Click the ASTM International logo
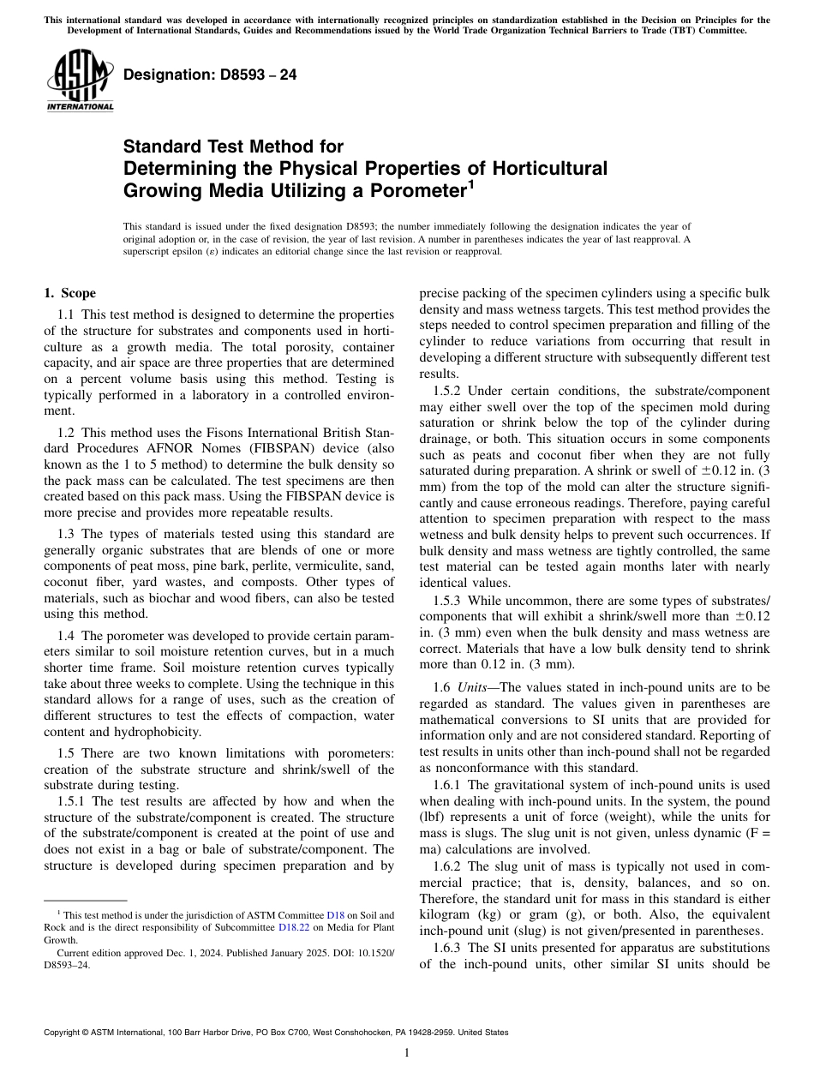pos(80,82)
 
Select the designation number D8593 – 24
pos(210,75)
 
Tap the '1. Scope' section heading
pos(69,293)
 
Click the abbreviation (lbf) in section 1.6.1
pos(434,817)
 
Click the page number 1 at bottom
pos(407,1053)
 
